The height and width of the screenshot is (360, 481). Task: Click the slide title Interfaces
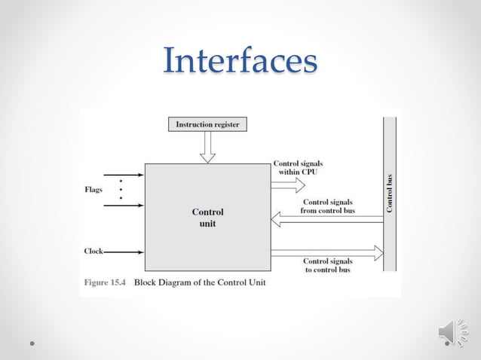tap(240, 61)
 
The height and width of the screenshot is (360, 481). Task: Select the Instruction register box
tap(207, 124)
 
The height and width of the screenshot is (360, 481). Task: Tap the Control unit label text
tap(207, 218)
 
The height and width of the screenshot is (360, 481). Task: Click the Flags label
tap(93, 190)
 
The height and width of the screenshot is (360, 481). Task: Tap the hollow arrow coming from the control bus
tap(324, 219)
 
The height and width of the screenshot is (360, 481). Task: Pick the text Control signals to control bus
tap(326, 265)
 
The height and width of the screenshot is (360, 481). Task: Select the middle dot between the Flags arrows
tap(120, 189)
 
